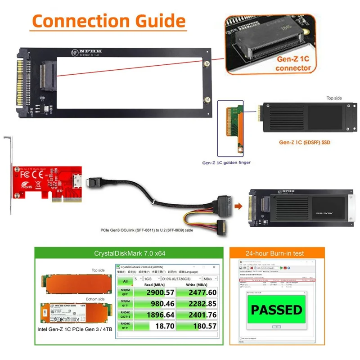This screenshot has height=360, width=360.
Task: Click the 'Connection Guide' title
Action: coord(108,21)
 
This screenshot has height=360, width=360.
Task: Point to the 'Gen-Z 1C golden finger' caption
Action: coord(226,162)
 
